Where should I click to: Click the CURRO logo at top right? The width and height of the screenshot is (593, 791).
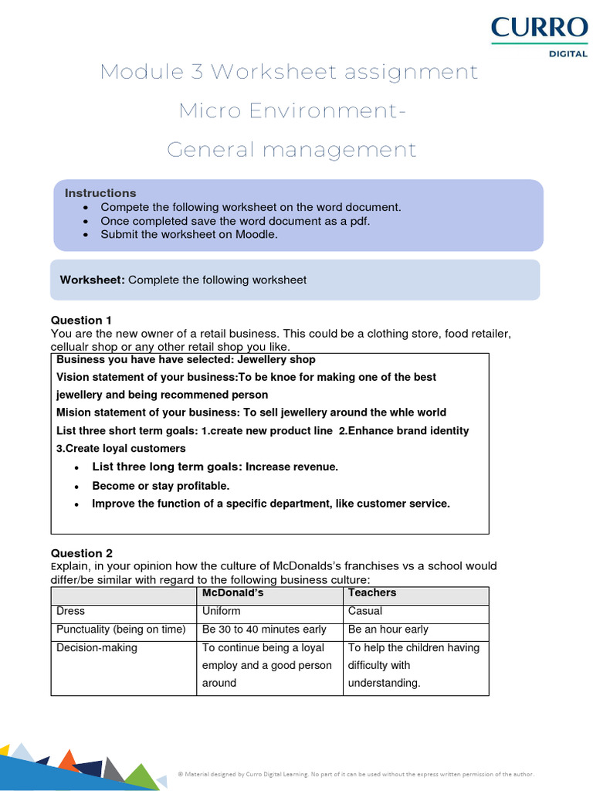(539, 29)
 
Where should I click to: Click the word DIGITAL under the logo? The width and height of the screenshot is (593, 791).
(568, 55)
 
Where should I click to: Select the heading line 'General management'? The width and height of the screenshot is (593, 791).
(292, 149)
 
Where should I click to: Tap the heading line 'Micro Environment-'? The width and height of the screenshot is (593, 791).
(292, 110)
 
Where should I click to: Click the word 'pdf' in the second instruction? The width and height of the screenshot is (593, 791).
(358, 221)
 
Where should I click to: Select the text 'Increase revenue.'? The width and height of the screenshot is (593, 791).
(292, 467)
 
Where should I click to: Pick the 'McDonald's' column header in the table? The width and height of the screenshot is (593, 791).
(232, 592)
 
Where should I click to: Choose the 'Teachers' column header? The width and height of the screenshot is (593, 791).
(372, 592)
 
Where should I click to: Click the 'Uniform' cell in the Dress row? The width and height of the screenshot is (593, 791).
(221, 611)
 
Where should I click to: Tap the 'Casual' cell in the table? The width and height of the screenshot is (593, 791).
(365, 611)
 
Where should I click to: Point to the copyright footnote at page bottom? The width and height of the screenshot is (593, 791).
(355, 773)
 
